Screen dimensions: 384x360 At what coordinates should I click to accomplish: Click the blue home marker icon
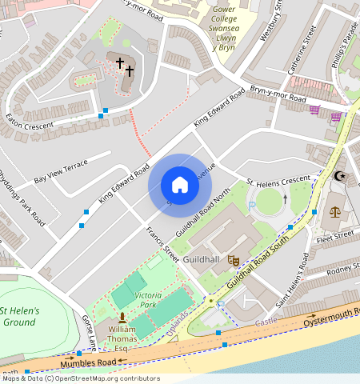[180, 186]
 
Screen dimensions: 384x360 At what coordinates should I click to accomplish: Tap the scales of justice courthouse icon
[334, 212]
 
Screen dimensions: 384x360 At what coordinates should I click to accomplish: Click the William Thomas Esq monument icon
[122, 318]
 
